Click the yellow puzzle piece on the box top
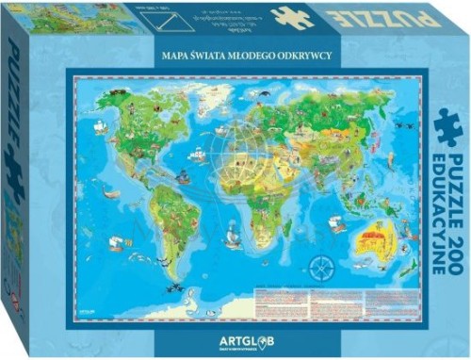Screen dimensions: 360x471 (291, 17)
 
